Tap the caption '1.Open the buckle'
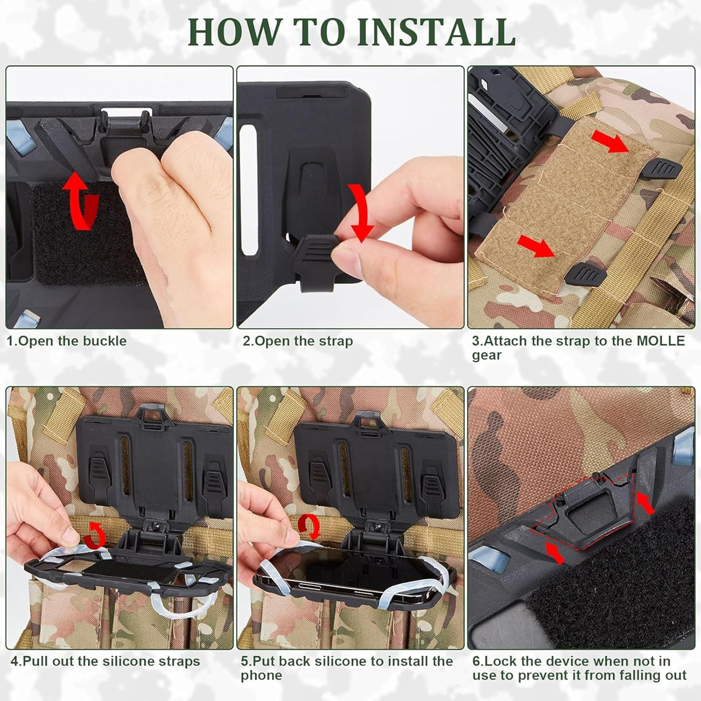[66, 341]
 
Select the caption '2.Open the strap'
[297, 341]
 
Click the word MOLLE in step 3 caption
[661, 341]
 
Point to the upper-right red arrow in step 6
[645, 505]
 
